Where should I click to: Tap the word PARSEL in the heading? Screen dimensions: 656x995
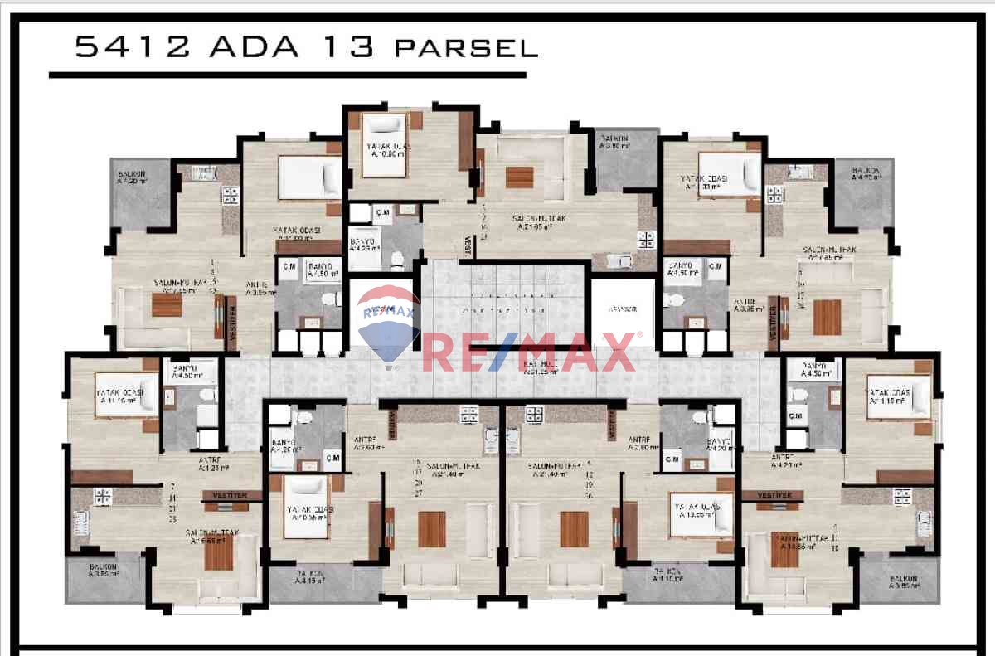[466, 48]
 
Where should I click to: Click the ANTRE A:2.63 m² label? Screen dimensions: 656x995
[366, 443]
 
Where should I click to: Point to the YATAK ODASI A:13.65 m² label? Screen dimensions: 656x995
[698, 510]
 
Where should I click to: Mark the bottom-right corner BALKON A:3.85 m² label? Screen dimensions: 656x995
[902, 581]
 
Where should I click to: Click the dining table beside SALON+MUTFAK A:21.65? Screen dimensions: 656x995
[520, 177]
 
